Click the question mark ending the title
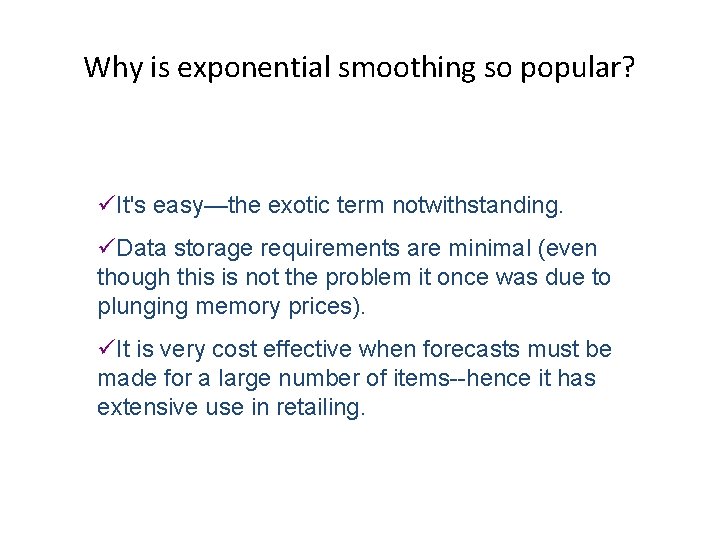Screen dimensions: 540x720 (x=627, y=67)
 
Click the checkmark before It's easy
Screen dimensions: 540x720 (x=105, y=206)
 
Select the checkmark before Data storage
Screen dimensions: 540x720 (x=105, y=248)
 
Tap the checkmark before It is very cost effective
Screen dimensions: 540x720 (x=105, y=349)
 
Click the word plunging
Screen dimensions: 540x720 (x=137, y=306)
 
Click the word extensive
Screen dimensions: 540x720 (x=139, y=407)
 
